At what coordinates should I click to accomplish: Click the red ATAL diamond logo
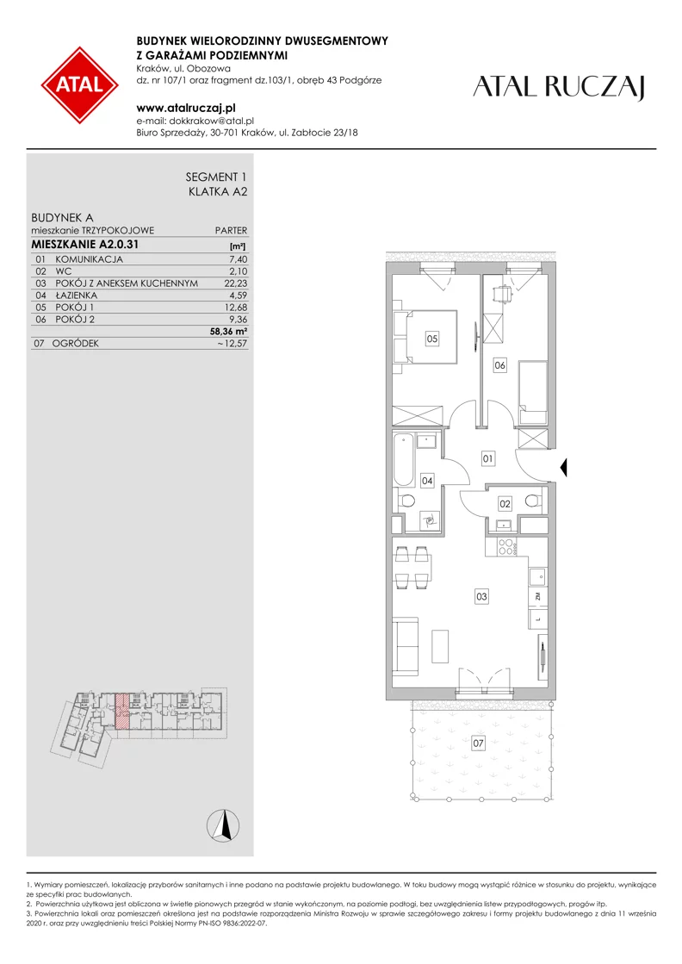click(80, 84)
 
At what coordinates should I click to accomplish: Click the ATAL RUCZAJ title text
click(559, 87)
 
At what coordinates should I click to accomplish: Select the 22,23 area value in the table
click(236, 283)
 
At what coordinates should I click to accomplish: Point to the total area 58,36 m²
click(228, 332)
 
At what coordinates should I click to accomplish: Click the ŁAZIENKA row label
click(76, 295)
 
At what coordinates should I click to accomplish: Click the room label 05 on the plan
click(432, 339)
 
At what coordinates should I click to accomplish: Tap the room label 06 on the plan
click(500, 365)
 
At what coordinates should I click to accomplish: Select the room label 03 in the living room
click(481, 596)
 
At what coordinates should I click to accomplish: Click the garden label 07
click(478, 743)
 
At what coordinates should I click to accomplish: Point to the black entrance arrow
click(563, 468)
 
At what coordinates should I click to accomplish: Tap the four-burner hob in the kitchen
click(507, 546)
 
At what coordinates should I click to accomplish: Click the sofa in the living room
click(406, 647)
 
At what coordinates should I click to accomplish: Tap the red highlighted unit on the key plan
click(122, 712)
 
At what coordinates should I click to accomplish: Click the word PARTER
click(231, 231)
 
